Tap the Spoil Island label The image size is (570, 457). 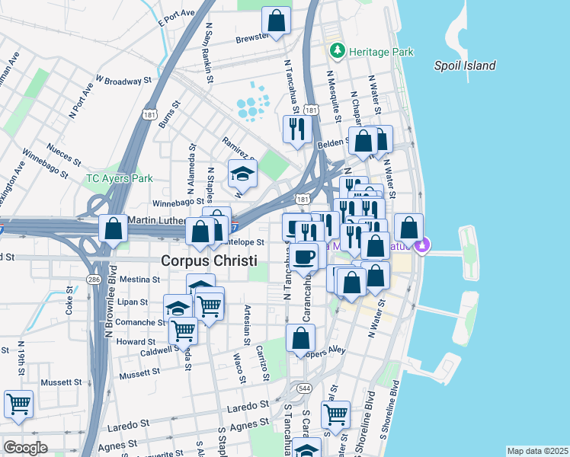click(x=465, y=66)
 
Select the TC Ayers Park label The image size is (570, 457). click(x=119, y=179)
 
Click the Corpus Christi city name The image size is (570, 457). click(x=209, y=260)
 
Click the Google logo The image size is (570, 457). click(x=25, y=448)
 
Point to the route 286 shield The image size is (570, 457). click(x=94, y=280)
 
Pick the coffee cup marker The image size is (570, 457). click(x=305, y=257)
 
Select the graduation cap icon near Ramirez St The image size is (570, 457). click(x=243, y=174)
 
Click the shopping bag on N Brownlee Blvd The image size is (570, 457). click(x=114, y=228)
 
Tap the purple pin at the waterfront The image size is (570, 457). click(x=424, y=245)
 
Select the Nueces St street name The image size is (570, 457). click(x=63, y=158)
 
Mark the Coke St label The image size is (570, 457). click(x=69, y=300)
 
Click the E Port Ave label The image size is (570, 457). click(x=176, y=16)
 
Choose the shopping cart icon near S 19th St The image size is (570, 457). click(x=18, y=404)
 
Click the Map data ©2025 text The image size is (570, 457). click(x=537, y=451)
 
